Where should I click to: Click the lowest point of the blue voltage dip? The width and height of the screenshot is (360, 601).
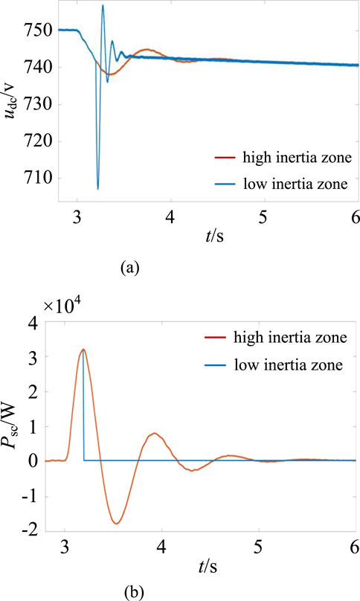(x=97, y=189)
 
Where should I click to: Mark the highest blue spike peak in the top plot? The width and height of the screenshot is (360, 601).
(x=103, y=5)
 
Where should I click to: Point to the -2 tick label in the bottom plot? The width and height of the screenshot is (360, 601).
(x=45, y=528)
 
